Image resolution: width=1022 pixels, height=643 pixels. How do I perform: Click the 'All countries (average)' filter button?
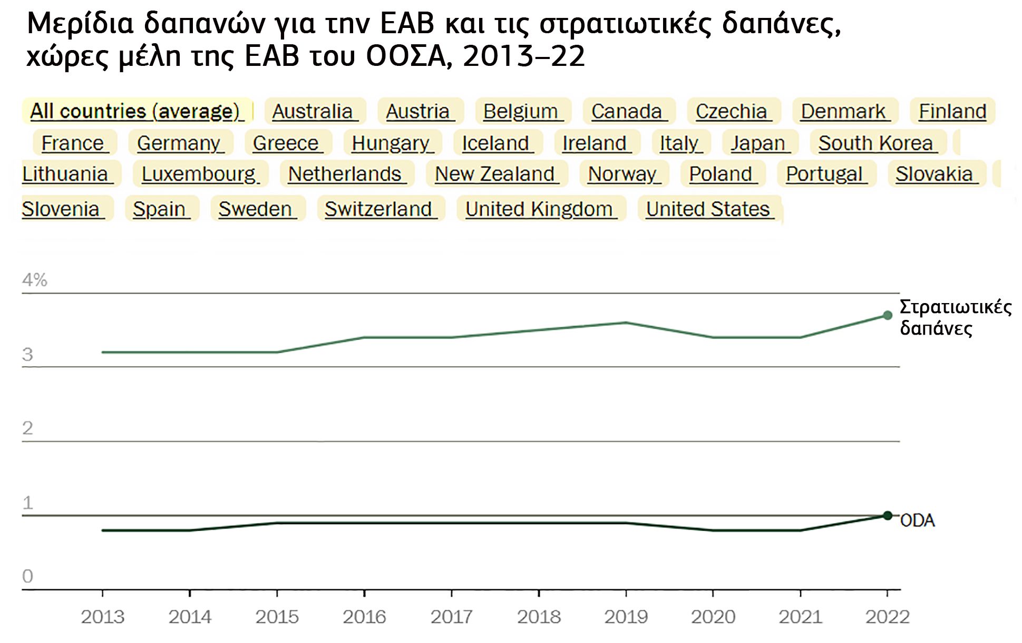[137, 111]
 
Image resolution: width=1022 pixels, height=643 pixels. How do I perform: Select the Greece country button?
[287, 143]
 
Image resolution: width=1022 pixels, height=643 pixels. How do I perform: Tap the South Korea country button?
[878, 143]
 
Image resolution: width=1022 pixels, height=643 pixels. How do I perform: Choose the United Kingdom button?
[541, 209]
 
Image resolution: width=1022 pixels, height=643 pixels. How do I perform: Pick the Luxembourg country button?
[200, 174]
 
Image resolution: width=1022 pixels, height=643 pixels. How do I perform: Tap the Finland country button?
[952, 111]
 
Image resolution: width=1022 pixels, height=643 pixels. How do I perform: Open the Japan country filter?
[760, 143]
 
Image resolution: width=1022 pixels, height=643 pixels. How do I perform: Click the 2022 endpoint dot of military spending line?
[888, 315]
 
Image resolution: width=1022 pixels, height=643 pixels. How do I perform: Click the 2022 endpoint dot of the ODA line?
[888, 515]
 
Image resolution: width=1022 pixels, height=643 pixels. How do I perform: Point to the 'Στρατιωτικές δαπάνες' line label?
[955, 317]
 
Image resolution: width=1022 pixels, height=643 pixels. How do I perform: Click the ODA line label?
[917, 521]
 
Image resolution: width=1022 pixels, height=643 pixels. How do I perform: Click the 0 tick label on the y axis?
[27, 576]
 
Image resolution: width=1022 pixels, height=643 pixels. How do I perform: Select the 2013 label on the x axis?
[102, 617]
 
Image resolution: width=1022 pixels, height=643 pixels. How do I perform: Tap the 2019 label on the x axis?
[626, 617]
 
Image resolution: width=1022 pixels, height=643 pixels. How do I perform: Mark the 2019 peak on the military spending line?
[626, 323]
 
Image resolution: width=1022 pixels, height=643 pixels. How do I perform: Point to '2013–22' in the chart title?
[524, 56]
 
